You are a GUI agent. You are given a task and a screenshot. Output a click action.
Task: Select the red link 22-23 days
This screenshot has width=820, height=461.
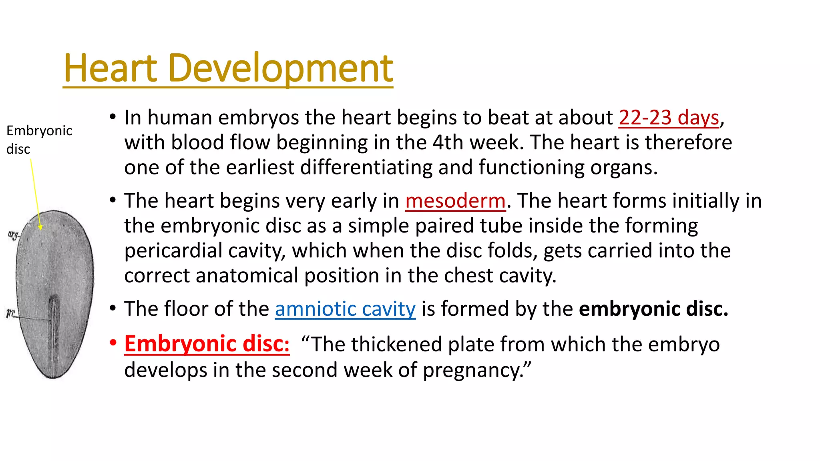tap(669, 118)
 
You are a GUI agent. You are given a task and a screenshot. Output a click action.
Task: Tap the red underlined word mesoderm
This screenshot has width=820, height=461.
tap(455, 201)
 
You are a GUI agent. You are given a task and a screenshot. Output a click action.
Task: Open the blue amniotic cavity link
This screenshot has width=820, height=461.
tap(345, 309)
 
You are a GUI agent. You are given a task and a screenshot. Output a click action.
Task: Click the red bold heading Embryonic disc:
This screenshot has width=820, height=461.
tap(207, 344)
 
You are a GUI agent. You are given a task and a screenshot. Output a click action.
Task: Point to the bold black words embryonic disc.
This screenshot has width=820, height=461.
tap(653, 309)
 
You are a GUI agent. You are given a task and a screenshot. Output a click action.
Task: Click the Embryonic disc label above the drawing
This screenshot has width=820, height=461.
tap(39, 139)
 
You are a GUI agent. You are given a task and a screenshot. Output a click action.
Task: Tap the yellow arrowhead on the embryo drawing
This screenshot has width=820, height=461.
tap(40, 227)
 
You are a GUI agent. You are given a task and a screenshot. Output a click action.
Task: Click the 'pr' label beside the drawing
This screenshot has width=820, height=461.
tap(10, 313)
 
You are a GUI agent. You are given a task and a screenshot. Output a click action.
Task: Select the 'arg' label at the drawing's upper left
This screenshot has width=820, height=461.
tap(13, 235)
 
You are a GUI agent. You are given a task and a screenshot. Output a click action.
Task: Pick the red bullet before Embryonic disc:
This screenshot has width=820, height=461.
tap(113, 343)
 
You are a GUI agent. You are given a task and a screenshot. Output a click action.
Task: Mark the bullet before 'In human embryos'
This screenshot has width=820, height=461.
tap(113, 117)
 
